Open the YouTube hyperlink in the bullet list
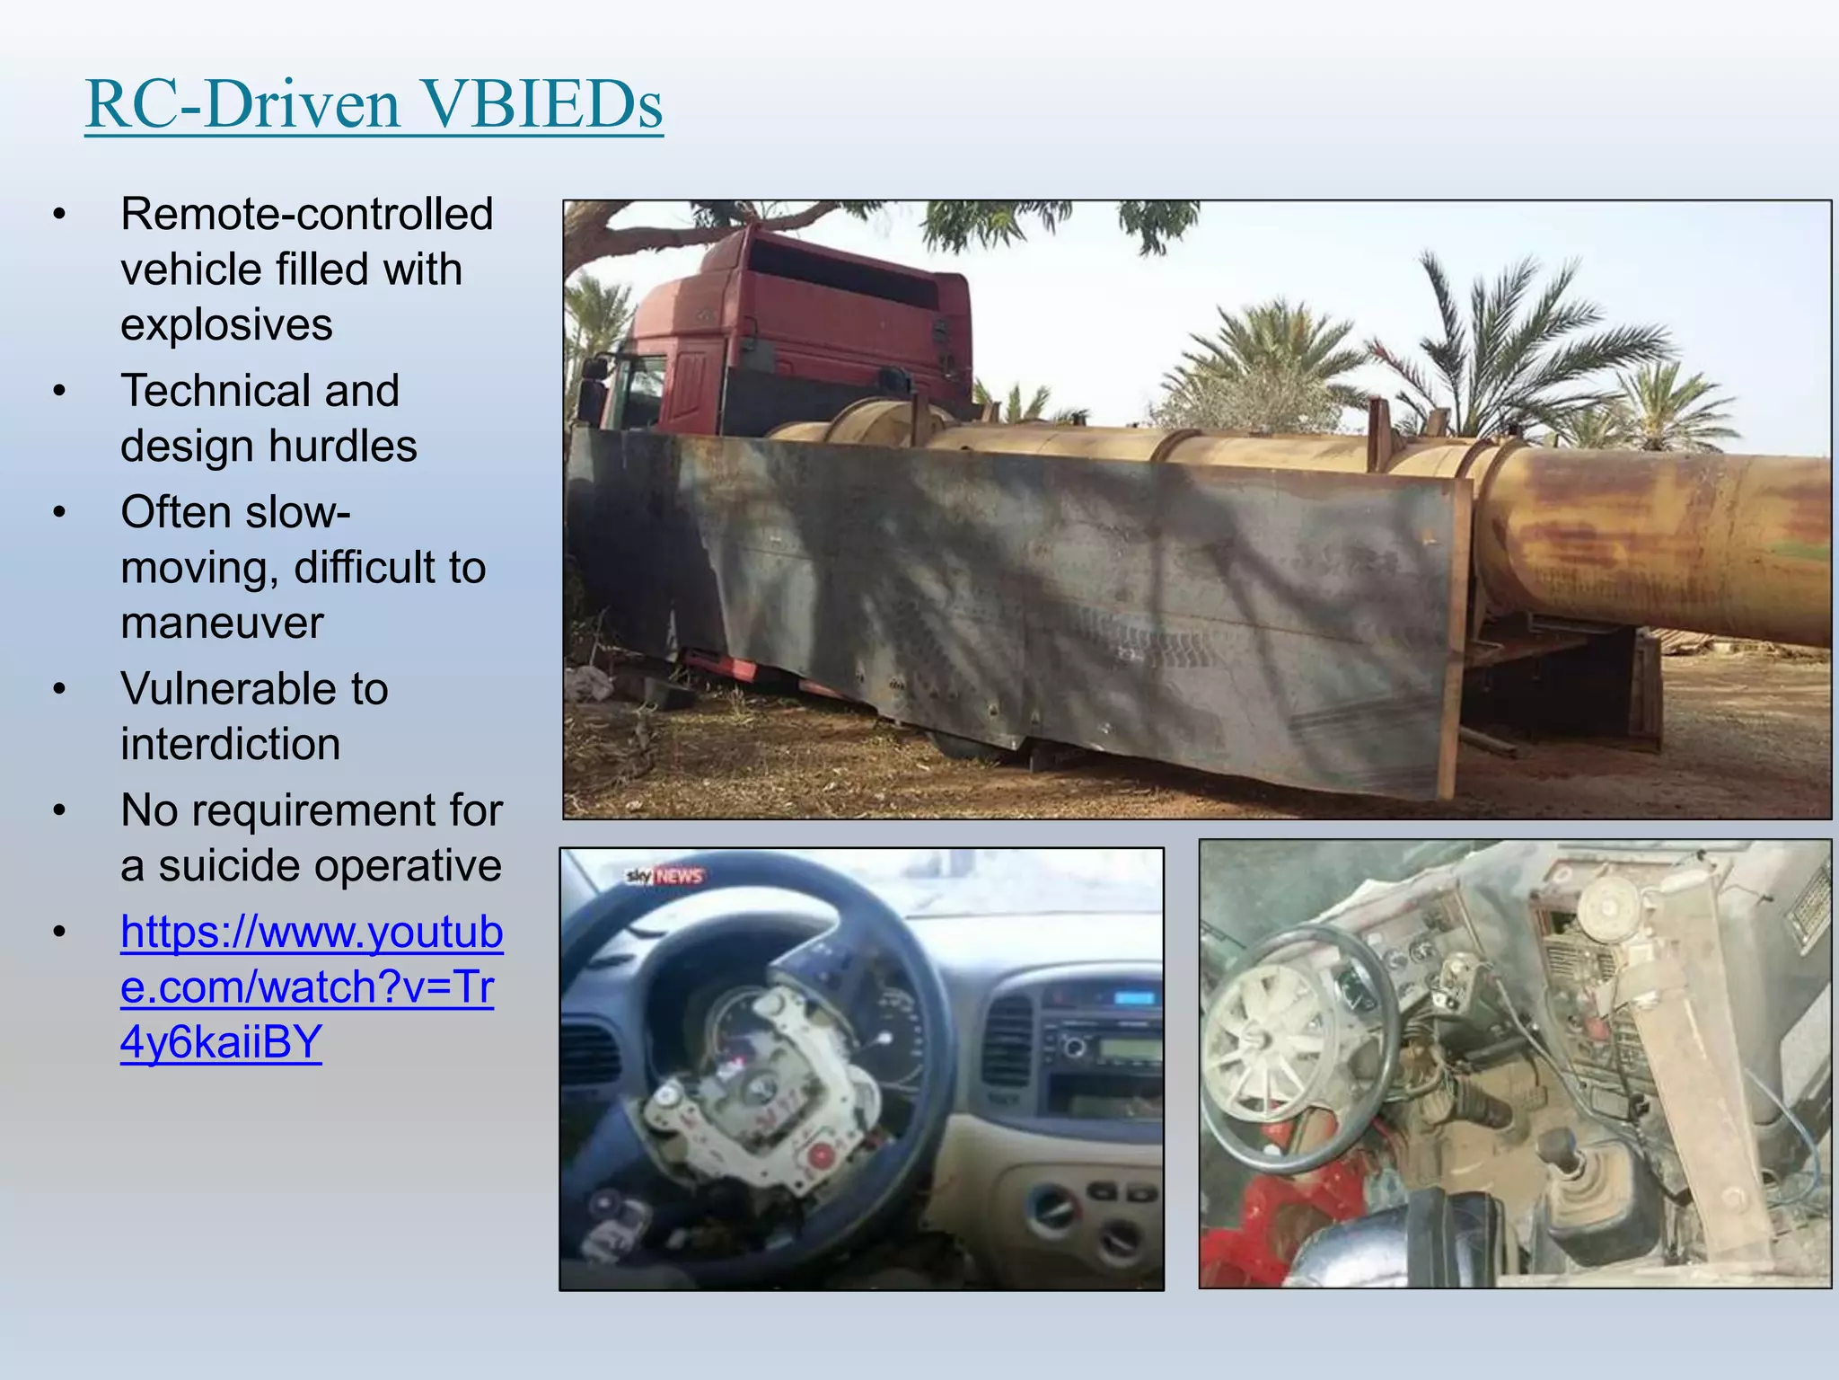coord(311,986)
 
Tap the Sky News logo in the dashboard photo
coord(664,876)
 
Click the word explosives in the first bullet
coord(226,324)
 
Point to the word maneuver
coord(222,623)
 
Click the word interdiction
coord(231,744)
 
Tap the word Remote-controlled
coord(307,214)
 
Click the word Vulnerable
coord(225,689)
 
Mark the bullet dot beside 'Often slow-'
coord(59,513)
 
